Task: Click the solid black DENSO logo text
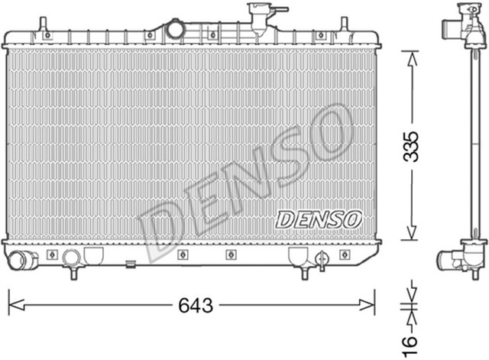tap(317, 219)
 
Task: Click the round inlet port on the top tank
tap(176, 30)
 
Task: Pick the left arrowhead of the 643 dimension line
tap(14, 306)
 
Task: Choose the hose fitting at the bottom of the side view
tap(458, 260)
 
